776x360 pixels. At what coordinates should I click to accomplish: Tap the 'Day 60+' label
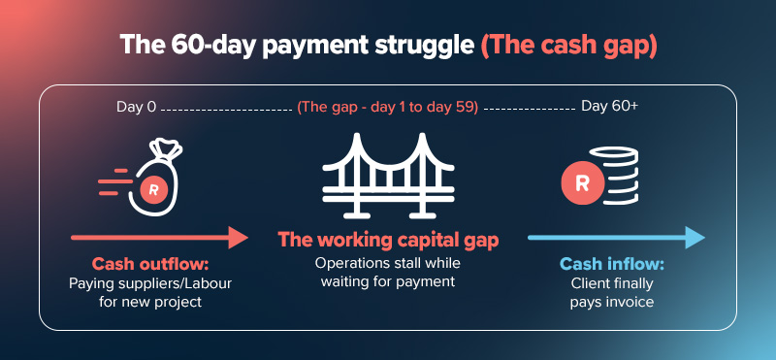coord(609,106)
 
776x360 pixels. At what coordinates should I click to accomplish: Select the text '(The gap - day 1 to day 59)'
coord(388,107)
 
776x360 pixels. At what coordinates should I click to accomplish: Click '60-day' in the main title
coord(198,46)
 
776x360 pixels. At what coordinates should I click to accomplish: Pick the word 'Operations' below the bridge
coord(348,263)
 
